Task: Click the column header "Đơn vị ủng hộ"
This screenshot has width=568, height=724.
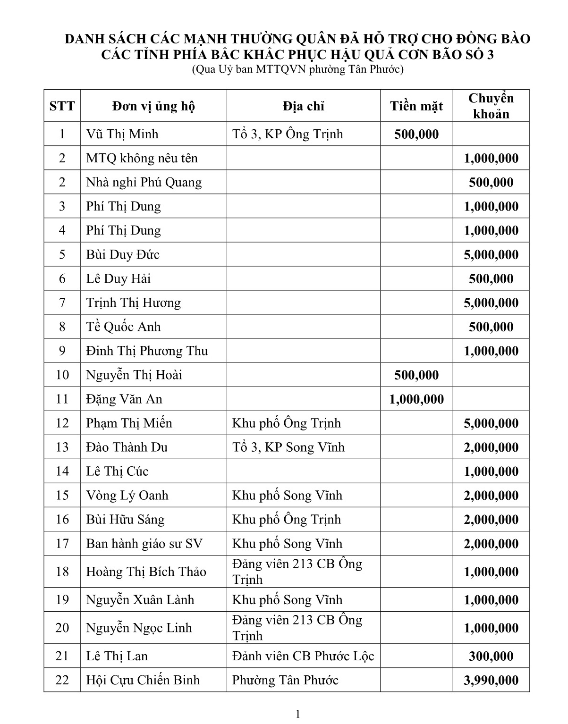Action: pos(153,106)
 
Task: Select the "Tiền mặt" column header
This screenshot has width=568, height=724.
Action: pos(416,106)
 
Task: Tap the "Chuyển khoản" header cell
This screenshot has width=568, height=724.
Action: pos(491,106)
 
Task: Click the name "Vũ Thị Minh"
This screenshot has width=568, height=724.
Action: pos(122,134)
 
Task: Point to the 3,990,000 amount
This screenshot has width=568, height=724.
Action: pos(491,680)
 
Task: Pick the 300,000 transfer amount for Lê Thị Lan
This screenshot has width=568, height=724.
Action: pos(491,656)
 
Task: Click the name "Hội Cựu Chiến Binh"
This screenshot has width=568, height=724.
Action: pos(143,680)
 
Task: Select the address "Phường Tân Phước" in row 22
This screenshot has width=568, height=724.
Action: pos(285,680)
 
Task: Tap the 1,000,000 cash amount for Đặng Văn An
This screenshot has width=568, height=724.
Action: pos(416,399)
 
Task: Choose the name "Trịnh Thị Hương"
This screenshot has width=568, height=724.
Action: pos(134,303)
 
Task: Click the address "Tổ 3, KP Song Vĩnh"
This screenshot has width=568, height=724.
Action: pos(288,447)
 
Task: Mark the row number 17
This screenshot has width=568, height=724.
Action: pos(62,543)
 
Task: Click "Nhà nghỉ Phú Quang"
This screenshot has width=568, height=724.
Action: pos(144,182)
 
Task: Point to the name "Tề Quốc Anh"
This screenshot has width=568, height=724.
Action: pos(123,327)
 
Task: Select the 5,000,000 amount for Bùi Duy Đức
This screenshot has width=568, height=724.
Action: pos(491,255)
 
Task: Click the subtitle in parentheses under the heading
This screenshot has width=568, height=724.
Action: pos(297,70)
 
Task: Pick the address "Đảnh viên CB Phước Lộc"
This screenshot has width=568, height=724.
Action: pos(303,656)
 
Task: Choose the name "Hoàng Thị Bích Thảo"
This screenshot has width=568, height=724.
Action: pos(146,572)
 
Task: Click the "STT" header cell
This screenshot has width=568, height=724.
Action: pos(62,106)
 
